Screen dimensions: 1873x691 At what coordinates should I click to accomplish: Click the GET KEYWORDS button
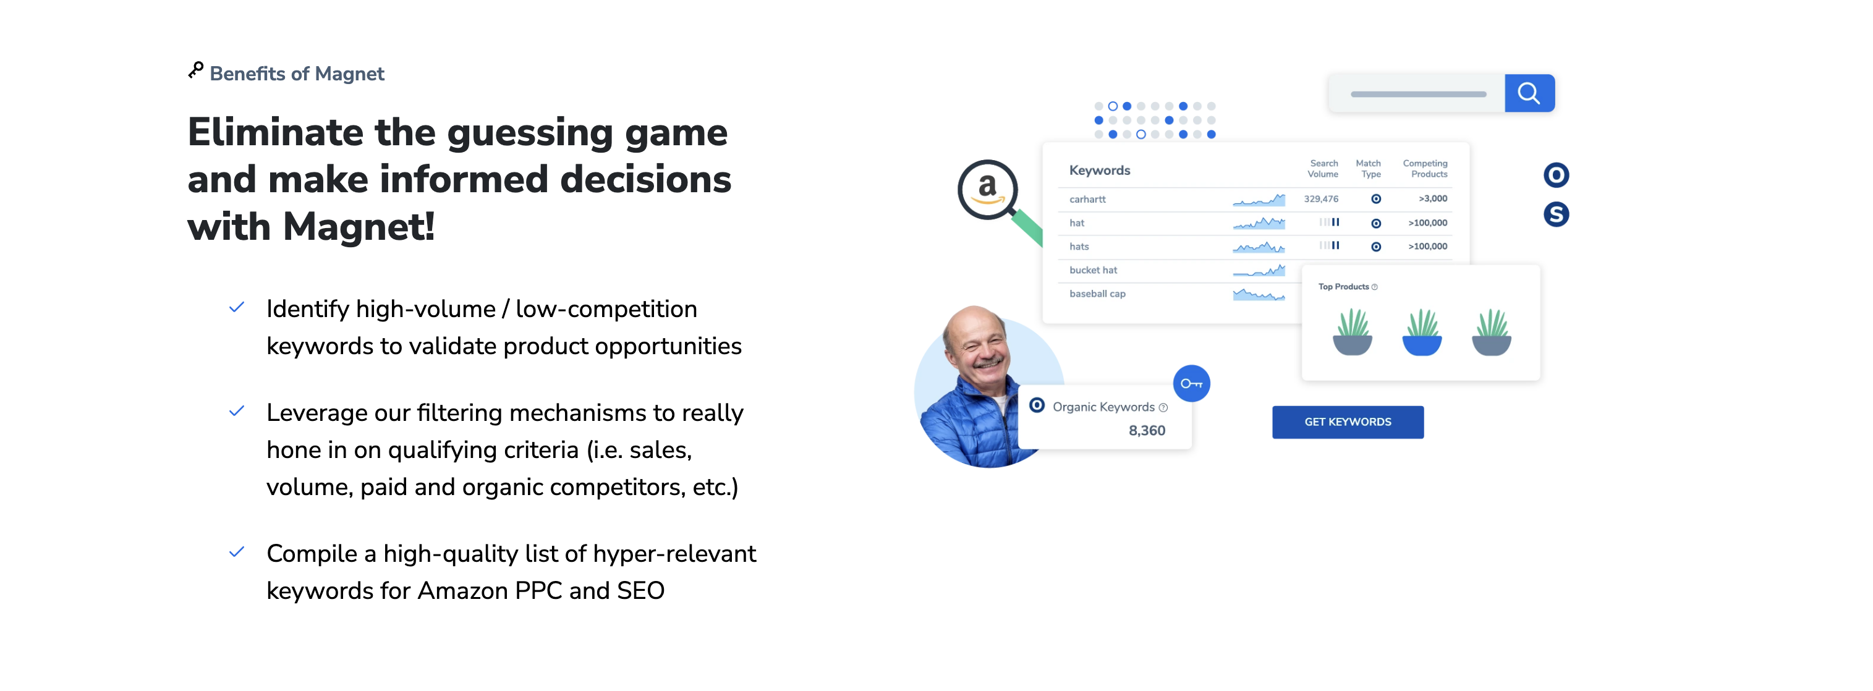coord(1348,422)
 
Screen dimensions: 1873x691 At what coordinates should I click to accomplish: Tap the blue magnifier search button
coord(1529,93)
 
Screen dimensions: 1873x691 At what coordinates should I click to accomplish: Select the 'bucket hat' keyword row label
coord(1093,270)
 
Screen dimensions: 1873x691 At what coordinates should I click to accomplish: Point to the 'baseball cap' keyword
coord(1097,294)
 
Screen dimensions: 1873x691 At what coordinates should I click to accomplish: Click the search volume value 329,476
coord(1320,198)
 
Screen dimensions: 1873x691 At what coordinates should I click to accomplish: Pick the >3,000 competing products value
coord(1432,198)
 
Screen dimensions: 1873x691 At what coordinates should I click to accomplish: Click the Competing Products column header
coord(1425,169)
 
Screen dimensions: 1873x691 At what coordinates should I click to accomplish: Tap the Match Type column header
coord(1369,169)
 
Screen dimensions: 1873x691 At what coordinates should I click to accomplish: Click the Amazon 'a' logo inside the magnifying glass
coord(987,189)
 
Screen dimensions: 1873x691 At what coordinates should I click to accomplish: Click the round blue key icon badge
coord(1191,383)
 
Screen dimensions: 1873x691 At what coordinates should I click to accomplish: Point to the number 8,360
coord(1147,431)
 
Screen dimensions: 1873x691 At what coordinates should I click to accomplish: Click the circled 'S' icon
coord(1556,214)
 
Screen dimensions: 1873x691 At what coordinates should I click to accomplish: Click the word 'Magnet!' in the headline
coord(359,227)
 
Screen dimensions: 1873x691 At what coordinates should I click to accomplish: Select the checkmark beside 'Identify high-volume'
coord(236,308)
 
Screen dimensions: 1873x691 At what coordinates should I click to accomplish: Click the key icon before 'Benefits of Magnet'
coord(195,70)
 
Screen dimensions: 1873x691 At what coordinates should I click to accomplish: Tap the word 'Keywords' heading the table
coord(1099,170)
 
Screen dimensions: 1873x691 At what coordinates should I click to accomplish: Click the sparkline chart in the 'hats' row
coord(1259,247)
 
